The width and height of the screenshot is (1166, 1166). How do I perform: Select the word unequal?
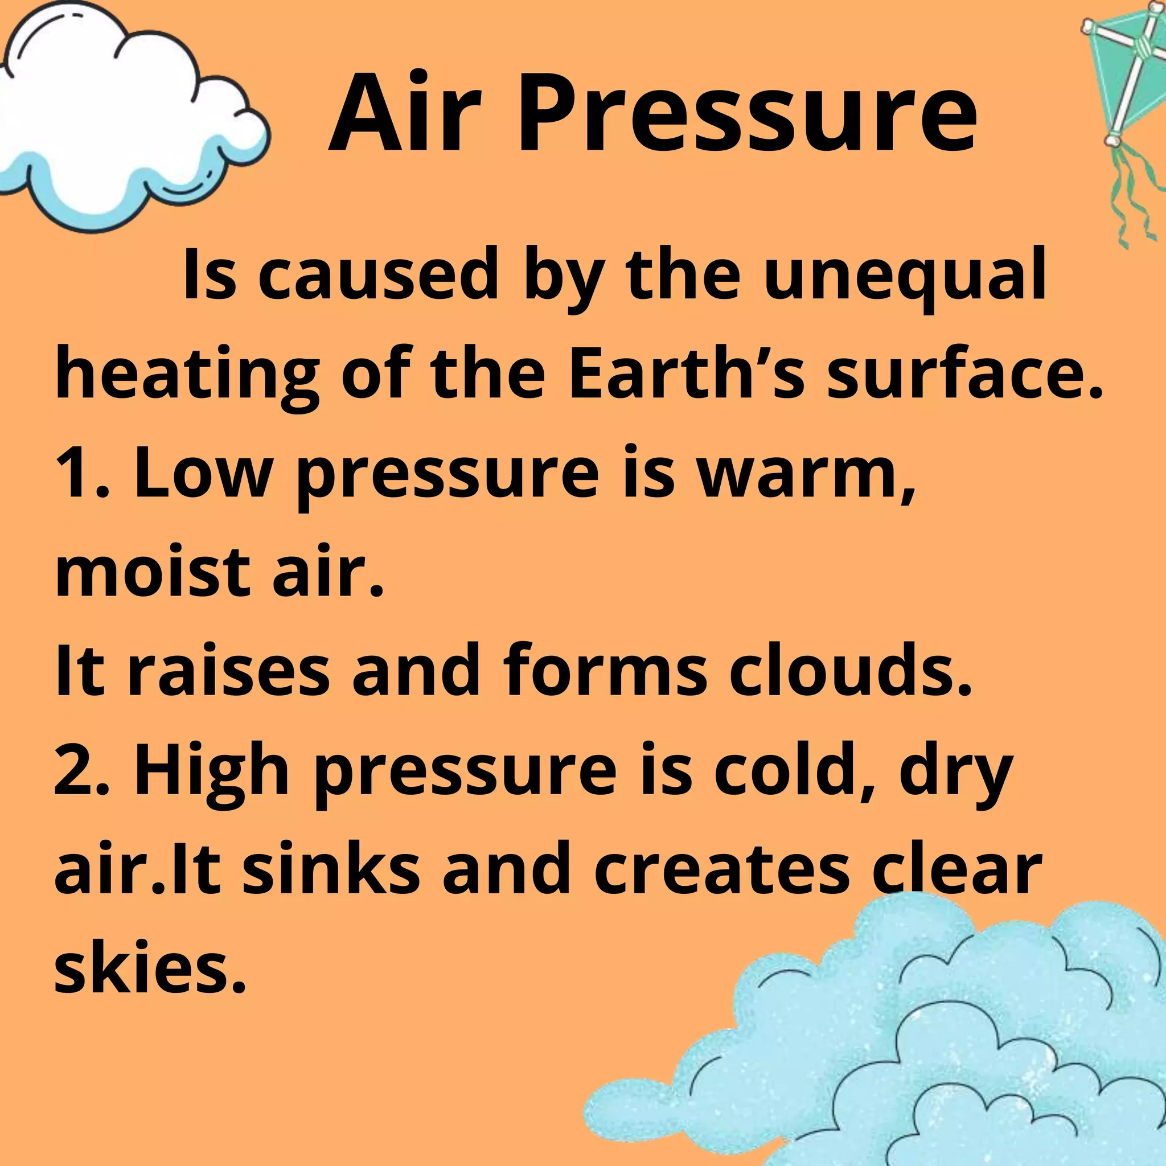click(x=904, y=275)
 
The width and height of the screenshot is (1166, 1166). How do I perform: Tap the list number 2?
click(x=77, y=770)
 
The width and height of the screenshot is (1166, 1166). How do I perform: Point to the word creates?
click(x=722, y=869)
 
